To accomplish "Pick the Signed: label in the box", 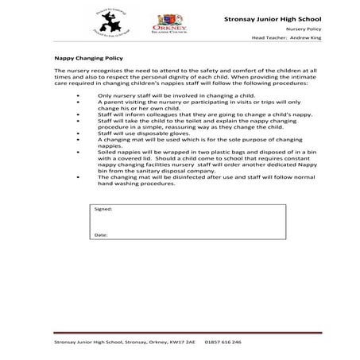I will pos(103,208).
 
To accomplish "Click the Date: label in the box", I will pos(101,235).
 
